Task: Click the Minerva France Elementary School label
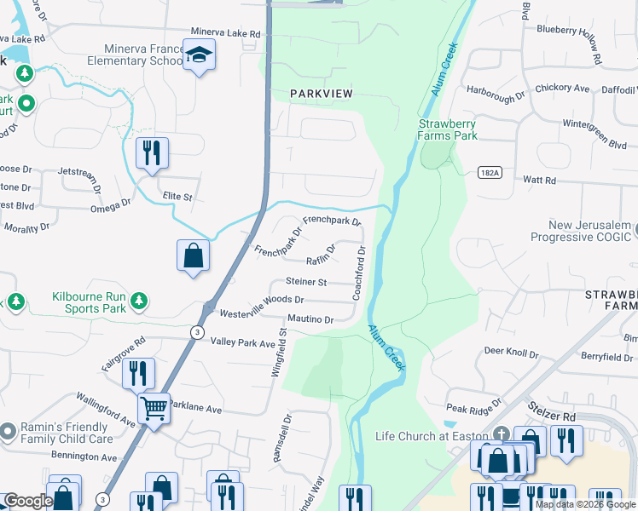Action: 142,55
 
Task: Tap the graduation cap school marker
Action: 199,55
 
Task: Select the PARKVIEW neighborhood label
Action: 322,93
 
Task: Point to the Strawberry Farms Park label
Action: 447,129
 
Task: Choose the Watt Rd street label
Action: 539,181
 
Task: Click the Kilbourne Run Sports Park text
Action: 90,302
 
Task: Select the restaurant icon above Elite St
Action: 152,154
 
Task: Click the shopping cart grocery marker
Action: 154,408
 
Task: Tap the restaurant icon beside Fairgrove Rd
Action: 137,373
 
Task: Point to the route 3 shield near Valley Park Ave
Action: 197,333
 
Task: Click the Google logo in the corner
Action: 28,502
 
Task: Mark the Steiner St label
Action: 306,282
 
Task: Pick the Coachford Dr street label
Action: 362,273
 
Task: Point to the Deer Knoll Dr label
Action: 511,353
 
